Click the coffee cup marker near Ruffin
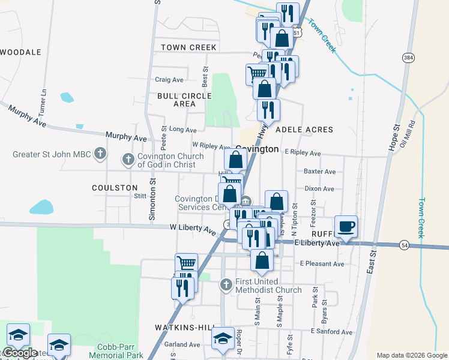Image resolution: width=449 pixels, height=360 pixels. click(x=346, y=227)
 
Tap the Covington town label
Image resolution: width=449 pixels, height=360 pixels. click(x=256, y=149)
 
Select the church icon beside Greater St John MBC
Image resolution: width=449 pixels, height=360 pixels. click(x=101, y=154)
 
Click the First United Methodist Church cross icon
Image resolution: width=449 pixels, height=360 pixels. click(x=226, y=284)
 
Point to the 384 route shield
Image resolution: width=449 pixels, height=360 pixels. click(x=408, y=58)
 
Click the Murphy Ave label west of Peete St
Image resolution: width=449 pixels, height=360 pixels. click(x=126, y=138)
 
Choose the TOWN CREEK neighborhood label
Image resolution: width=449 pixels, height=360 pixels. click(x=188, y=47)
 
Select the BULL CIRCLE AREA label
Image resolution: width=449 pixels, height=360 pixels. click(x=184, y=100)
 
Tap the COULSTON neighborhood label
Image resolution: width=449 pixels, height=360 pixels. click(x=115, y=188)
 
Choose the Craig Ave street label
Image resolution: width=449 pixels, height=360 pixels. click(x=169, y=80)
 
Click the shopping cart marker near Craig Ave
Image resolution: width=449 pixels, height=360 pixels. click(x=256, y=73)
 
